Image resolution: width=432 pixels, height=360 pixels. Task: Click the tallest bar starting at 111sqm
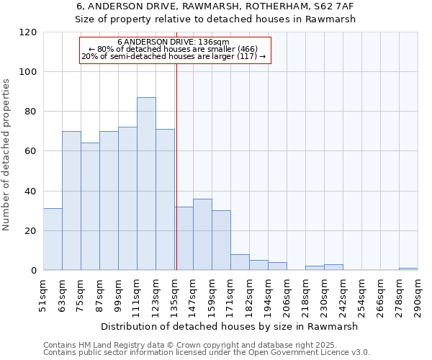click(x=146, y=184)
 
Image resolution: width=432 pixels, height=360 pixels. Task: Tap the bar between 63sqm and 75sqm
click(x=71, y=200)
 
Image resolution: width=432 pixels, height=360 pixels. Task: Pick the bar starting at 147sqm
click(x=202, y=235)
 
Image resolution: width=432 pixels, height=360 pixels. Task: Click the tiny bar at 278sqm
click(x=408, y=269)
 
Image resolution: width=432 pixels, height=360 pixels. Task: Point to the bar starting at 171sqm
click(x=240, y=263)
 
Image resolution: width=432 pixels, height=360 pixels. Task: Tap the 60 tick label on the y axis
click(x=31, y=151)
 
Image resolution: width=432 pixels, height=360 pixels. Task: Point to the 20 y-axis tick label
click(x=31, y=231)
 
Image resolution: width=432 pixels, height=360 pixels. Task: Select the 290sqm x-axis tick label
click(x=418, y=295)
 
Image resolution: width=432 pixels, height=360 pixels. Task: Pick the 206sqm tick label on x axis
click(x=287, y=295)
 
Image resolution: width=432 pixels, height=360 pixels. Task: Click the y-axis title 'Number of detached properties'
click(x=7, y=155)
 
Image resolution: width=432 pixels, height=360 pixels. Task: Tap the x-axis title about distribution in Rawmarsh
click(x=230, y=326)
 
